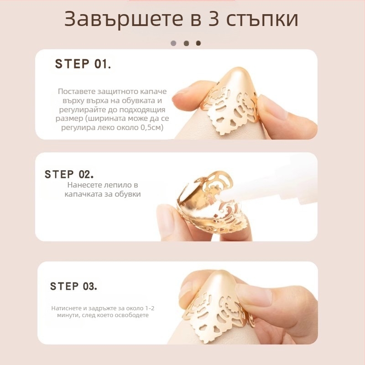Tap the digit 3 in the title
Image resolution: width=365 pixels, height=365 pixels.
pos(213,19)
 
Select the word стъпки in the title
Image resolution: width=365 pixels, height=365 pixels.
pos(262,20)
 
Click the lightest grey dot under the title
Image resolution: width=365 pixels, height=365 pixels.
pos(173,43)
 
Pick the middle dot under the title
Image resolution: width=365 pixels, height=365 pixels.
pos(186,43)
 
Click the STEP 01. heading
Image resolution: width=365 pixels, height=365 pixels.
pos(83,64)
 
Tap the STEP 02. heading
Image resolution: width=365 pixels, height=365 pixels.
pos(69,174)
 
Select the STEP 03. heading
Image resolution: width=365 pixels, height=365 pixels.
pos(73,286)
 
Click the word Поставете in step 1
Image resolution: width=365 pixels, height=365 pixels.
pos(77,91)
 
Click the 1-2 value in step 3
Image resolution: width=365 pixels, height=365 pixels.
pos(150,308)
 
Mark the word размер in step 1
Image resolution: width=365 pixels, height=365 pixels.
pos(69,119)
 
